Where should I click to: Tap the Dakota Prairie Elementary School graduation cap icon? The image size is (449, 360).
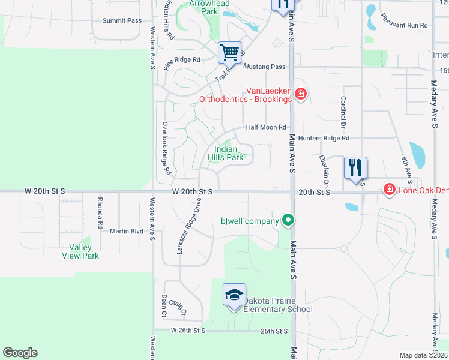(x=234, y=295)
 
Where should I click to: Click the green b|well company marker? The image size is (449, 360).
(x=288, y=221)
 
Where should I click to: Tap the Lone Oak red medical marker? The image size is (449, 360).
(x=390, y=190)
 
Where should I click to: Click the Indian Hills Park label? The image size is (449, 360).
(x=226, y=153)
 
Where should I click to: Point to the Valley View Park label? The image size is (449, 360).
(x=80, y=251)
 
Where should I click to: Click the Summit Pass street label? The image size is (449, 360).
(x=122, y=20)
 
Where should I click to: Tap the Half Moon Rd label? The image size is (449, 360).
(x=266, y=127)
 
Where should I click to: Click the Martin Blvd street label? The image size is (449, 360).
(x=126, y=231)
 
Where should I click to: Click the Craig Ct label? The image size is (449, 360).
(x=178, y=307)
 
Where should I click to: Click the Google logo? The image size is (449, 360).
(x=20, y=353)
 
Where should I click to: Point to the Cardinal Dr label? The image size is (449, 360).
(x=343, y=113)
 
